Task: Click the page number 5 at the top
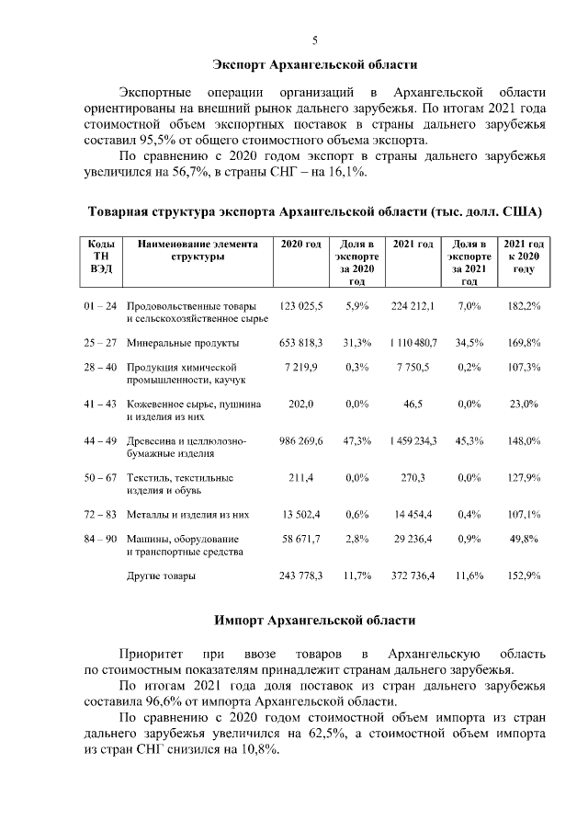(x=315, y=40)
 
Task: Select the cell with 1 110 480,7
(x=413, y=343)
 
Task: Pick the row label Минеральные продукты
(x=183, y=343)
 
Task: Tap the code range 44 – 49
(x=100, y=440)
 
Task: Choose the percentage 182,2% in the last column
(x=524, y=304)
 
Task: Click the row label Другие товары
(x=161, y=576)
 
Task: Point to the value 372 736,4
(x=413, y=576)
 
